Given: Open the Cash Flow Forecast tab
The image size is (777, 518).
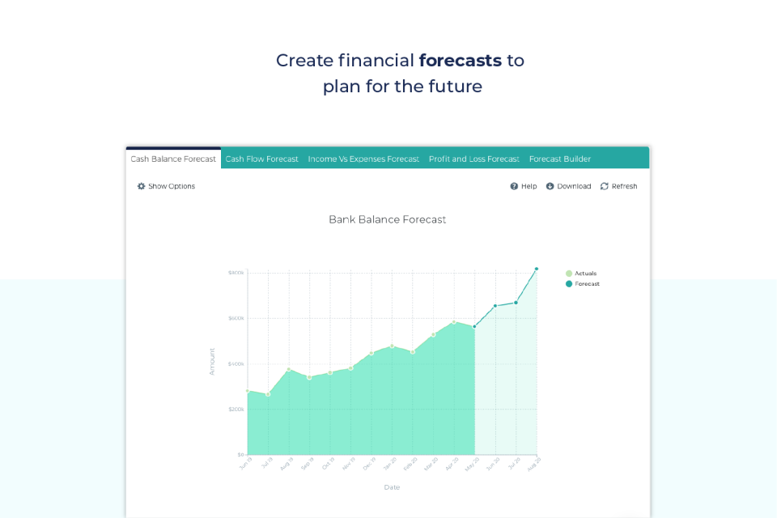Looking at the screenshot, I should tap(261, 159).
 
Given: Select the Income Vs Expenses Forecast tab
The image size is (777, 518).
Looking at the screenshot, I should tap(363, 159).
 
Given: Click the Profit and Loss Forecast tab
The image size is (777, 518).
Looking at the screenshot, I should tap(473, 159).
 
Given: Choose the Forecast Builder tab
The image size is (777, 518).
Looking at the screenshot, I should tap(560, 159).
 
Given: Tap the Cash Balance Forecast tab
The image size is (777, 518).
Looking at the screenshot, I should tap(173, 159).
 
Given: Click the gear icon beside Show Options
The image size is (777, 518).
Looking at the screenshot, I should tap(142, 186).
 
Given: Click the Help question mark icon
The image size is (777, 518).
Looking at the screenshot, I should tap(514, 186).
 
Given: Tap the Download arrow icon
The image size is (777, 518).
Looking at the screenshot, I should tap(550, 186).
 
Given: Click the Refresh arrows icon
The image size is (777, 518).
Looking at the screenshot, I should tap(605, 186).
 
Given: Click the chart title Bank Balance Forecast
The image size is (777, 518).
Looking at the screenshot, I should tap(387, 219).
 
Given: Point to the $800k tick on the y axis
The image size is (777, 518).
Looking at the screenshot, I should tap(236, 273).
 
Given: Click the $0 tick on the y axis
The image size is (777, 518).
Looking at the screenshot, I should tap(240, 454).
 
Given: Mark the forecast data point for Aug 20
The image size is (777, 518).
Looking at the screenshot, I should tap(536, 269).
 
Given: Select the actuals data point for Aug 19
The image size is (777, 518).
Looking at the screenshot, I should tap(289, 370).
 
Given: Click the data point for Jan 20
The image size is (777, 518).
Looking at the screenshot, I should tap(392, 346).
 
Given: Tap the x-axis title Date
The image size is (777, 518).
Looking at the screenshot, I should tap(392, 487).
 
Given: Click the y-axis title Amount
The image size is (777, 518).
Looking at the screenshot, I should tap(212, 361).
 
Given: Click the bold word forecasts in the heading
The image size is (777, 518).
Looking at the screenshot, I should tap(460, 61).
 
